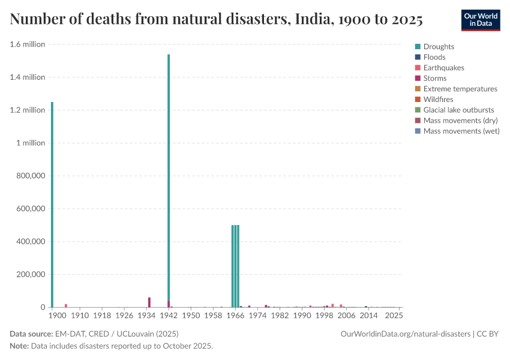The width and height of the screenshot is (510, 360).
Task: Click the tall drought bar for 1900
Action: coord(52,204)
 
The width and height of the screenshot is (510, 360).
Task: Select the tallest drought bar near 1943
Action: coord(169,180)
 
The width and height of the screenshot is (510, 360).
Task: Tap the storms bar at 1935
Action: coord(149,302)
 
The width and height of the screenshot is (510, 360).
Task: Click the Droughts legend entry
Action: coord(439,47)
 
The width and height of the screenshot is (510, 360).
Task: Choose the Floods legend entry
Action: coord(434,57)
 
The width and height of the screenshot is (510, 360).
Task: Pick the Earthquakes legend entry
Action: coord(443,68)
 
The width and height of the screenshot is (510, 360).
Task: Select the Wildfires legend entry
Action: coord(438,99)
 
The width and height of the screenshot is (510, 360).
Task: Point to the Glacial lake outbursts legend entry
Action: coord(458,110)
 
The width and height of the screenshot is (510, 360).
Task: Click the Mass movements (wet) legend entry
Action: coord(461,131)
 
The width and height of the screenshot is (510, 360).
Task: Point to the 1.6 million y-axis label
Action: coord(28,44)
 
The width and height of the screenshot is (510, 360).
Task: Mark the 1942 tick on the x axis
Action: coord(169,315)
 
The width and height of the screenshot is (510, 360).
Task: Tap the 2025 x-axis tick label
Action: coord(394,315)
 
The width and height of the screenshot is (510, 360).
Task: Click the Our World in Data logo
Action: coord(480,20)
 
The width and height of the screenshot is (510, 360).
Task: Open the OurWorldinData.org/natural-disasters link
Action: coord(405,334)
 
